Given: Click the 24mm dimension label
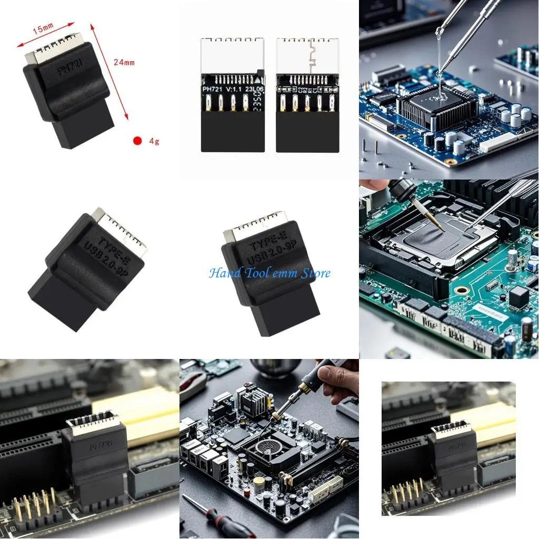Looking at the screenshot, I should (x=124, y=62).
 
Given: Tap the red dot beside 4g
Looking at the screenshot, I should (x=137, y=141).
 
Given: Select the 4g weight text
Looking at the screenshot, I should (x=154, y=141).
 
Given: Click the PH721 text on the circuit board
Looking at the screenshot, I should (x=213, y=89).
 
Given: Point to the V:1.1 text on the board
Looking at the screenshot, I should (x=235, y=89).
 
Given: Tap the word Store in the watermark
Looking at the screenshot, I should (x=315, y=273).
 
